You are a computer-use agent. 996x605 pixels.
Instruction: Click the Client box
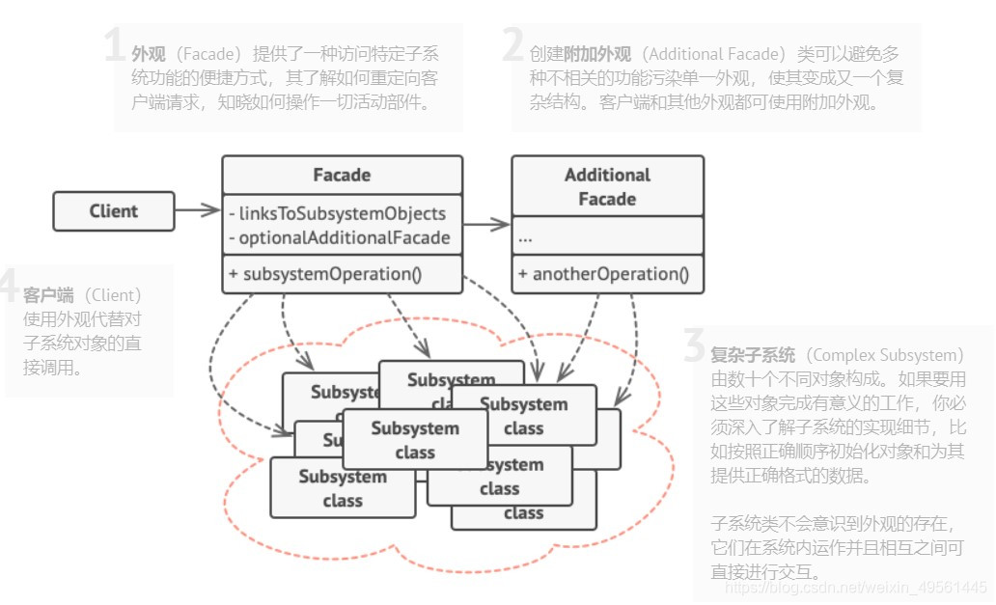114,211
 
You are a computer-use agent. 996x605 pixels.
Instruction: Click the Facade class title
342,175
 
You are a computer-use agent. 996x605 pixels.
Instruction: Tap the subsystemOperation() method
325,274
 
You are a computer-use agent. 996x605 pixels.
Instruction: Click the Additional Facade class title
607,186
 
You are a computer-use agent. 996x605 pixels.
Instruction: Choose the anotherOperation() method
603,274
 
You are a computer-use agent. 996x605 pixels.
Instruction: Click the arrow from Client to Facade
198,210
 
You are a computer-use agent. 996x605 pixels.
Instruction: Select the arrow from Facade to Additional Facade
486,225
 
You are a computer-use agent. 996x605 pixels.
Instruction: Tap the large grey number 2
512,46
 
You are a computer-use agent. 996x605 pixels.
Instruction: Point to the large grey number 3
693,345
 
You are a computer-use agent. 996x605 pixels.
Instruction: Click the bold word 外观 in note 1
148,54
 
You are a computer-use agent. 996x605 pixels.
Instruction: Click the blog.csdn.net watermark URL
855,587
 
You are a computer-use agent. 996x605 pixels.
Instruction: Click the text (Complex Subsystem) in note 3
883,354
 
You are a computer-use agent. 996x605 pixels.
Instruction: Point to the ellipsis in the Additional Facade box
527,236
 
